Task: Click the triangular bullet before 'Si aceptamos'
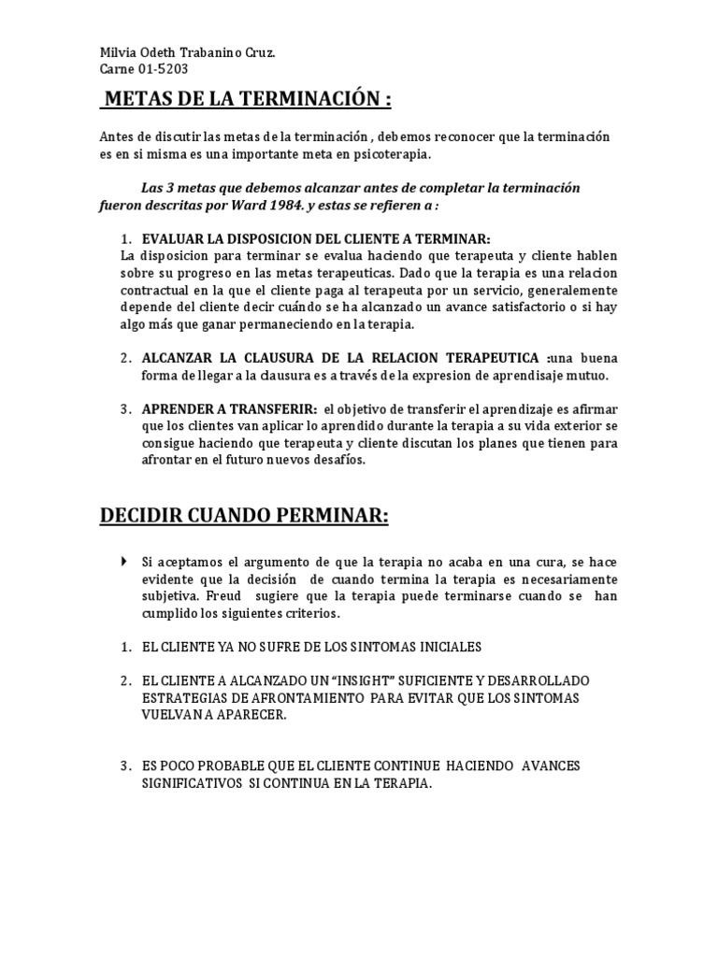pos(125,562)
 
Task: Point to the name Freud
pos(230,595)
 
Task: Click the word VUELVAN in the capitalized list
pos(169,714)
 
